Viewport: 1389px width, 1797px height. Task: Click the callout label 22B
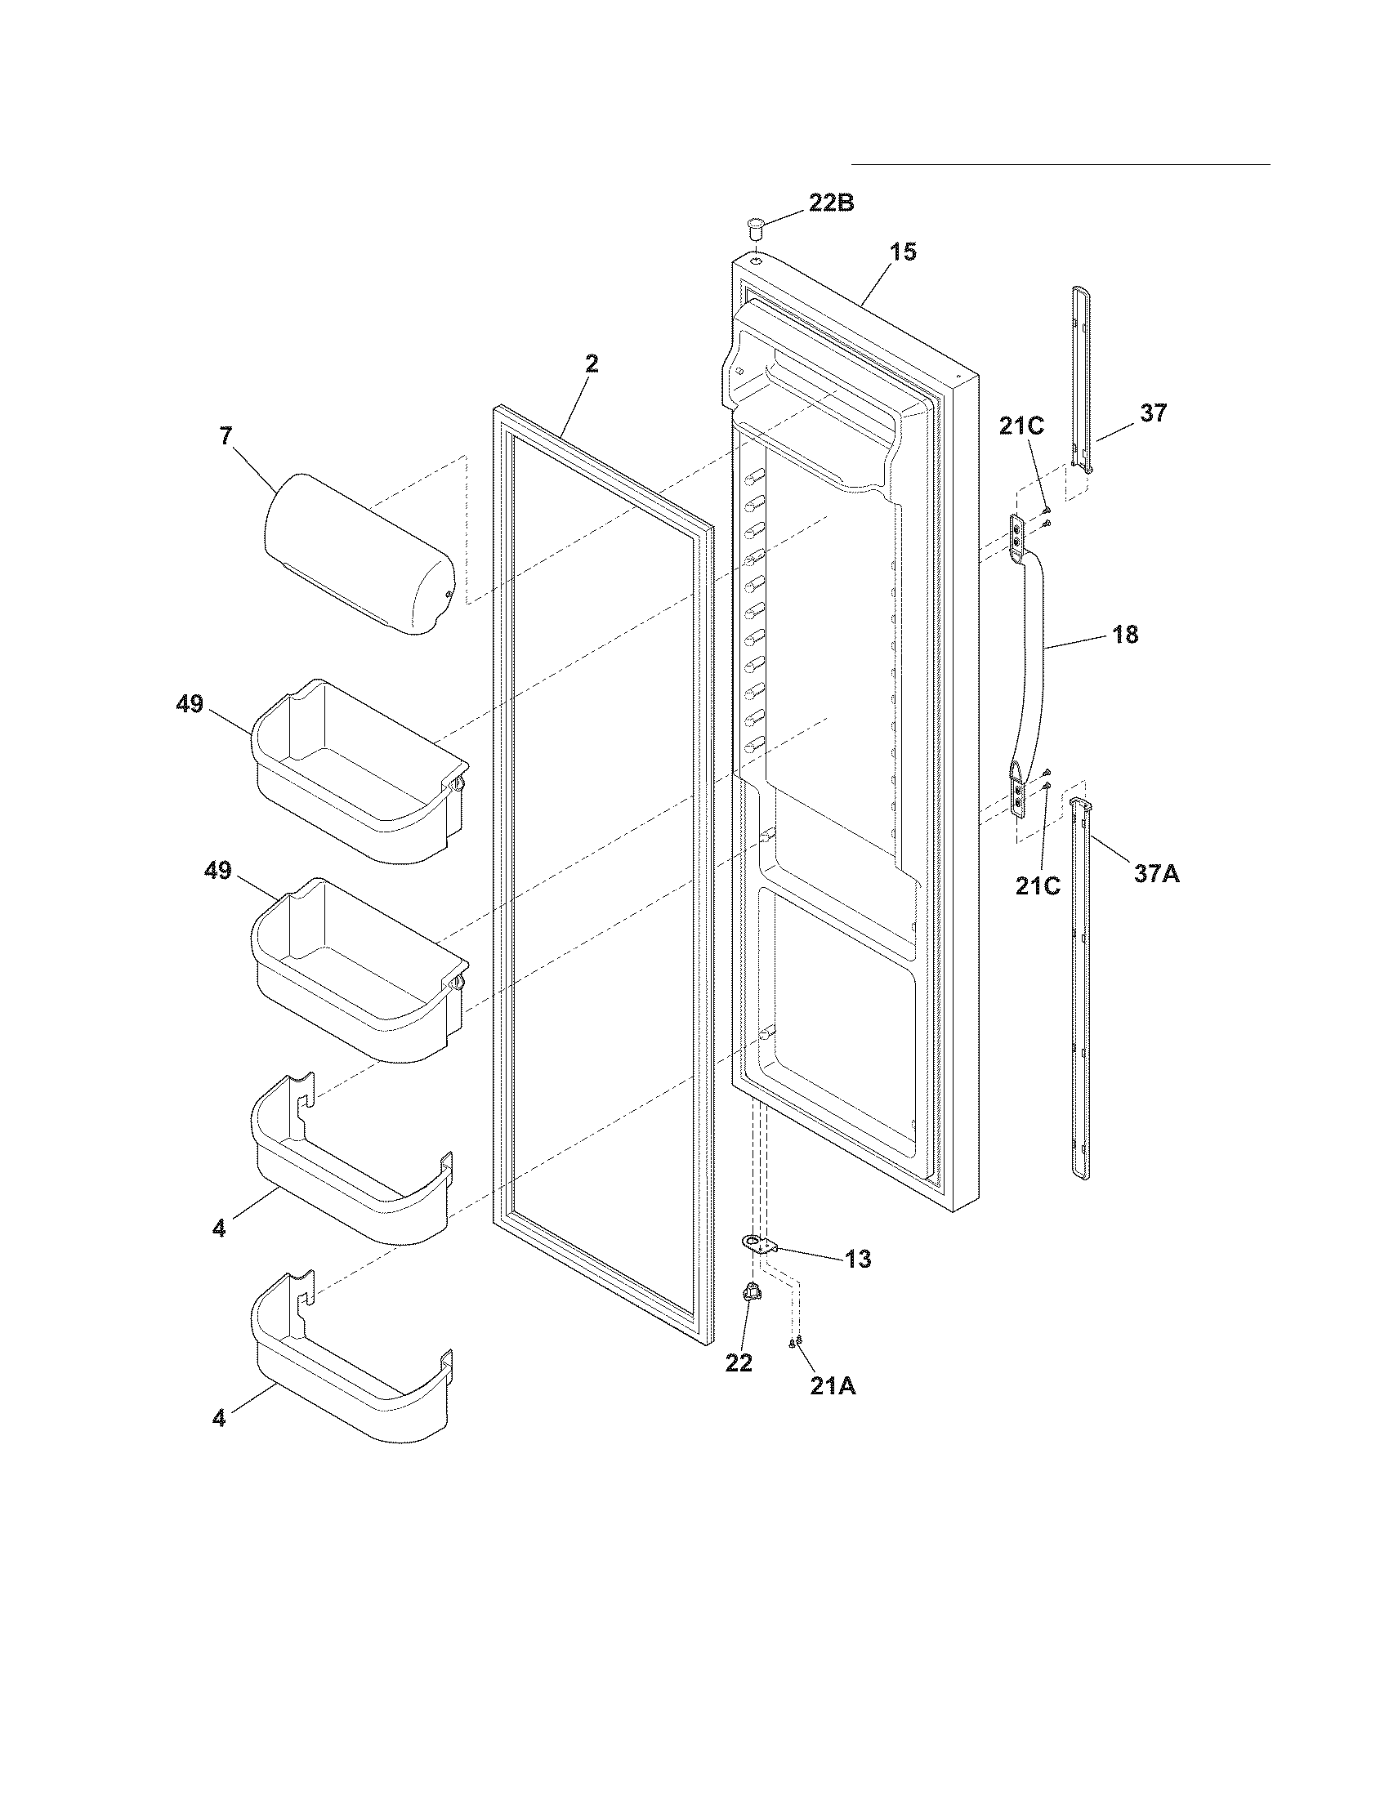pyautogui.click(x=830, y=203)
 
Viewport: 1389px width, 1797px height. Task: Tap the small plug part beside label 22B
pyautogui.click(x=756, y=225)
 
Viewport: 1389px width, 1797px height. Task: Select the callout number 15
pyautogui.click(x=903, y=252)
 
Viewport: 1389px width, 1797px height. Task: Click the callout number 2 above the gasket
pyautogui.click(x=592, y=363)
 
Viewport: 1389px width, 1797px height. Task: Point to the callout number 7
pyautogui.click(x=226, y=436)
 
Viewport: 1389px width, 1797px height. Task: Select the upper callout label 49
pyautogui.click(x=190, y=704)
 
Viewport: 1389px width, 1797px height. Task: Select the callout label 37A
pyautogui.click(x=1156, y=874)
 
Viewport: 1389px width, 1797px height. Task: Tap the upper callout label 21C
pyautogui.click(x=1022, y=426)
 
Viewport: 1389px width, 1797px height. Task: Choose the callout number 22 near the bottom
pyautogui.click(x=739, y=1363)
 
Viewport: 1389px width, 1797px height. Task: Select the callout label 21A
pyautogui.click(x=833, y=1386)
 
